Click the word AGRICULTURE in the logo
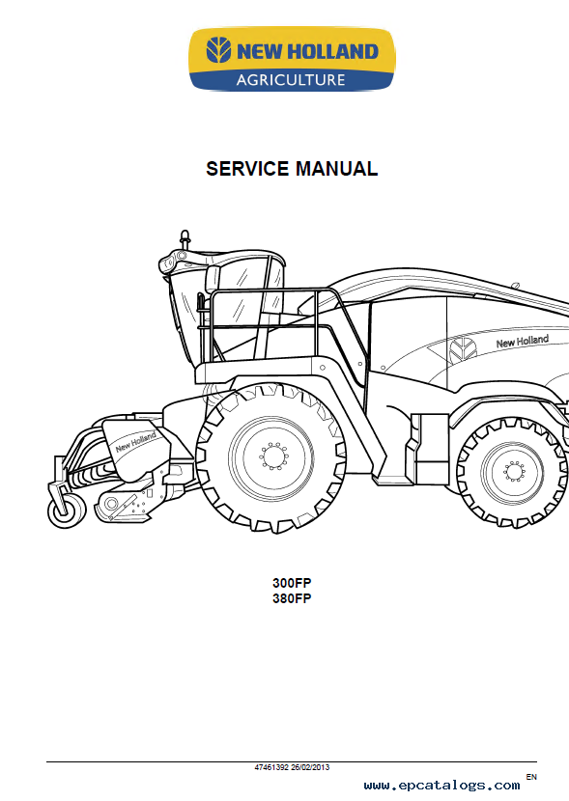pyautogui.click(x=291, y=80)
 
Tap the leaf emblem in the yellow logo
pyautogui.click(x=218, y=50)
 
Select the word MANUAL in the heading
pyautogui.click(x=336, y=169)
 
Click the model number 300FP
pyautogui.click(x=292, y=583)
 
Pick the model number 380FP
pyautogui.click(x=292, y=598)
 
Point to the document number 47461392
pyautogui.click(x=271, y=767)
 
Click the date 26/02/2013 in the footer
pyautogui.click(x=310, y=767)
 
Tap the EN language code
pyautogui.click(x=531, y=777)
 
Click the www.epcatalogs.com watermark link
pyautogui.click(x=441, y=786)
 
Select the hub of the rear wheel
pyautogui.click(x=514, y=471)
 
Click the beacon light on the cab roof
pyautogui.click(x=185, y=239)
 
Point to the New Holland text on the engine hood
pyautogui.click(x=523, y=342)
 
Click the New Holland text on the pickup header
pyautogui.click(x=135, y=442)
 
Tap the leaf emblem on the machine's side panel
pyautogui.click(x=463, y=350)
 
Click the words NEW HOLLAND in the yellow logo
pyautogui.click(x=307, y=51)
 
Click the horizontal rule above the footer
pyautogui.click(x=292, y=762)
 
